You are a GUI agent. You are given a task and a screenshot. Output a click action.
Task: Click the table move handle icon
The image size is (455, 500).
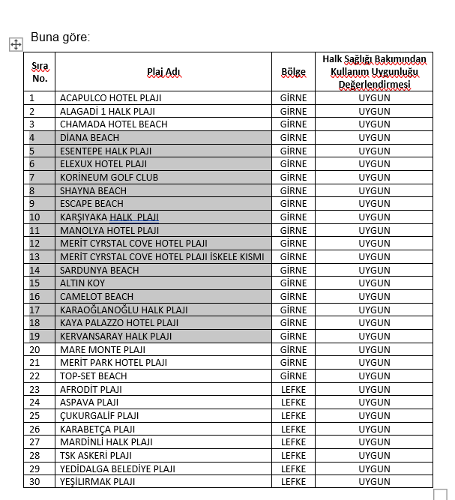click(x=15, y=44)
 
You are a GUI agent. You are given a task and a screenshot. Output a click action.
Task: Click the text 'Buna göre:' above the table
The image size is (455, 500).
click(x=60, y=37)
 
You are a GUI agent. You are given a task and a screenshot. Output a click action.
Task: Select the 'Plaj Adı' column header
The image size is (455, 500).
click(x=163, y=72)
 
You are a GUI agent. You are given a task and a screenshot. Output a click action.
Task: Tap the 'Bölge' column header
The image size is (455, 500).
click(x=293, y=72)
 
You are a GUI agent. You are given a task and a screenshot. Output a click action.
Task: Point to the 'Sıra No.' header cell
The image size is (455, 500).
click(x=40, y=72)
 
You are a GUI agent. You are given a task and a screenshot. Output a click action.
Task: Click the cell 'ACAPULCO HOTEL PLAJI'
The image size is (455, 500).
click(x=111, y=97)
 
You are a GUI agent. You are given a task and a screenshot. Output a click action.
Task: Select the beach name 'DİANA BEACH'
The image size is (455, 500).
click(x=89, y=137)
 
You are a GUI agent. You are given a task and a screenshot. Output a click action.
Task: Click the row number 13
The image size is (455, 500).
click(x=34, y=256)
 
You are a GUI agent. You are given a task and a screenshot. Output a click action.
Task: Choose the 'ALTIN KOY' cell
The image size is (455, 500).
click(x=82, y=283)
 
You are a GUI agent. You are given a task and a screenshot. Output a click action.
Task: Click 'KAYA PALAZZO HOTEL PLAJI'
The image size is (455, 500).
click(x=119, y=323)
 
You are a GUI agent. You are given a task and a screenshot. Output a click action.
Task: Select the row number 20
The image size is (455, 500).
click(x=34, y=349)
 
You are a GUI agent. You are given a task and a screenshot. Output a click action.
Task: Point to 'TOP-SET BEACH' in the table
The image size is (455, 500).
click(x=93, y=376)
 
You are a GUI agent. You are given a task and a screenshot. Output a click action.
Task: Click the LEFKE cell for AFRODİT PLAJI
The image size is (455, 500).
click(x=293, y=389)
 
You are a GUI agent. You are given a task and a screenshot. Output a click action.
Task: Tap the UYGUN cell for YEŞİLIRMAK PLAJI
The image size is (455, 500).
click(x=374, y=482)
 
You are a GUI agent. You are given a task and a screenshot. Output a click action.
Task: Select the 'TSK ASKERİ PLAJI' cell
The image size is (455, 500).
click(x=96, y=455)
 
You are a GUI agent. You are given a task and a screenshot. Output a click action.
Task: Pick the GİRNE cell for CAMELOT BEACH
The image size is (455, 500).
click(x=293, y=296)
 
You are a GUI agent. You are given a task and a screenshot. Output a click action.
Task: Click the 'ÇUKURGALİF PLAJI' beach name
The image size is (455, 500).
click(x=99, y=415)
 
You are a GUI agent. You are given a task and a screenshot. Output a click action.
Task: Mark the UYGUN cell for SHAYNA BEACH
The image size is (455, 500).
click(x=374, y=190)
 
